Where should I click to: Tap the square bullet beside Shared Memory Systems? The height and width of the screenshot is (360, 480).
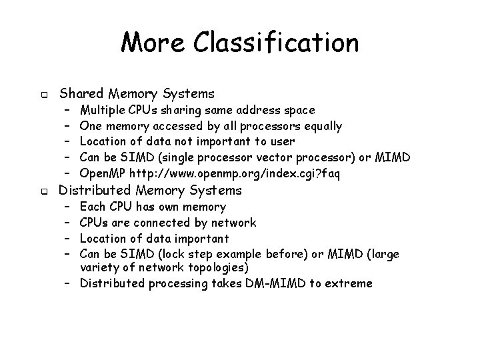coord(41,94)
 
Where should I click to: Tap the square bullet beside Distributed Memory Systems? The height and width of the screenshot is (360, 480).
coord(41,191)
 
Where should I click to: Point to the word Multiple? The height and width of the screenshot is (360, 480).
coord(102,109)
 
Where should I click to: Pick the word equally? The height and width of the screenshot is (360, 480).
coord(323,125)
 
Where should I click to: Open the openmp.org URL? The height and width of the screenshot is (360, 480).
coord(235,173)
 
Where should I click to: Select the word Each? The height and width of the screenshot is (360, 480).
coord(91,207)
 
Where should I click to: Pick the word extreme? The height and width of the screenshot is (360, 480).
coord(351,283)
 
